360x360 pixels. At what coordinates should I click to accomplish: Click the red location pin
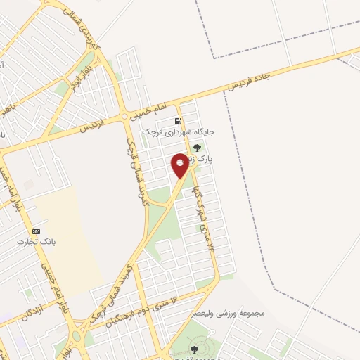(180, 165)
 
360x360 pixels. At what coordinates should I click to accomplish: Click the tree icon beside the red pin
(197, 148)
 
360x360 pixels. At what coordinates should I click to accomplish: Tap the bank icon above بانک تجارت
(36, 231)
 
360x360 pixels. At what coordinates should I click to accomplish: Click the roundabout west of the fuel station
(124, 116)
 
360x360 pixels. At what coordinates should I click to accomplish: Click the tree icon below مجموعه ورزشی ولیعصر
(194, 349)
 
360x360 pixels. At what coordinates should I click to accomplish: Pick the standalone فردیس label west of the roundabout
(91, 127)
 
